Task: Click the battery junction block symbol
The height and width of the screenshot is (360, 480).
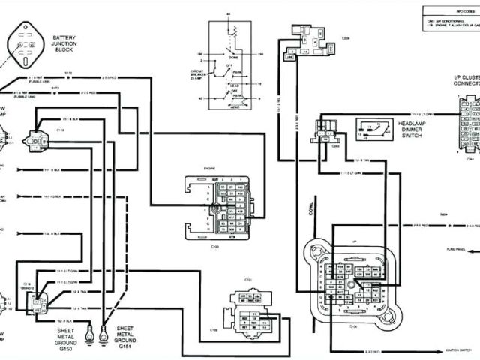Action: click(x=25, y=45)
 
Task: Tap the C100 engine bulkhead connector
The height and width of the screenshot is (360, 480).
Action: click(x=232, y=207)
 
